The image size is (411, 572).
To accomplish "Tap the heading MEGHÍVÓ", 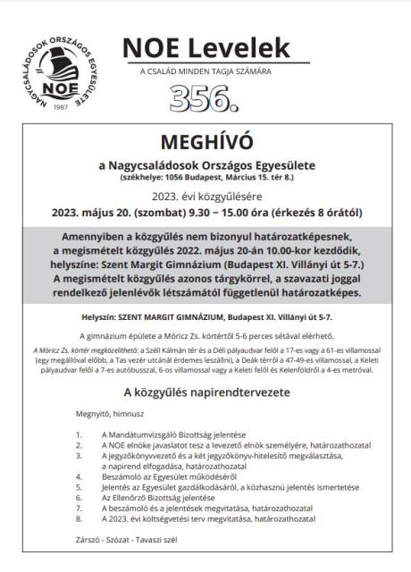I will click(205, 143).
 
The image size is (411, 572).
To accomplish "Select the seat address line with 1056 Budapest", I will click(205, 178).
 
